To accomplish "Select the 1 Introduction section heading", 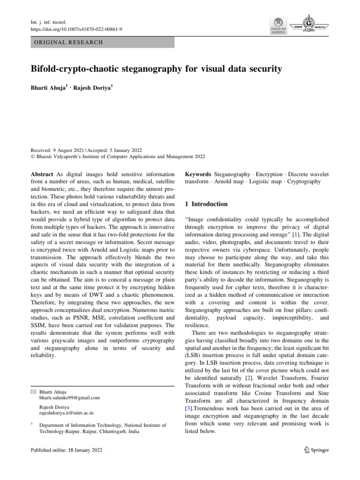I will pyautogui.click(x=207, y=204).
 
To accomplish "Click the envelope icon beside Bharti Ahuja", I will pyautogui.click(x=33, y=391).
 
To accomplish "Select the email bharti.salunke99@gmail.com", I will pyautogui.click(x=70, y=397).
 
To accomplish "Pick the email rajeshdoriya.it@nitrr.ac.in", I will pyautogui.click(x=67, y=413).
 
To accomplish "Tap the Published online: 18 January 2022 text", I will pyautogui.click(x=66, y=450).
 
